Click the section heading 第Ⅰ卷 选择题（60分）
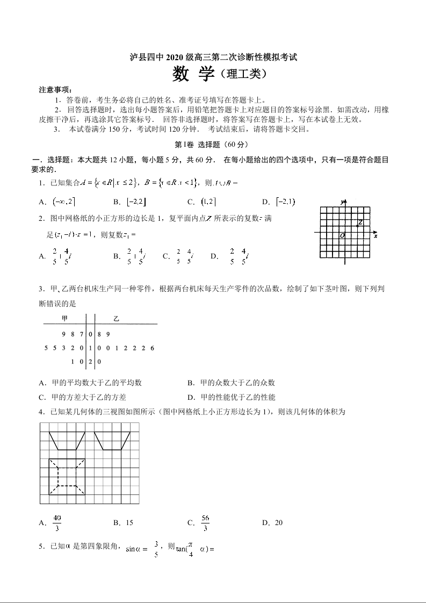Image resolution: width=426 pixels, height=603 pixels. coord(213,145)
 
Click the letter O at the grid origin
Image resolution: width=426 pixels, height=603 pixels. coord(342,235)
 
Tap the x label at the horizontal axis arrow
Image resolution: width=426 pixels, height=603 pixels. coord(375,236)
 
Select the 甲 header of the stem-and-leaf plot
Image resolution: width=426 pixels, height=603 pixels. coord(64,319)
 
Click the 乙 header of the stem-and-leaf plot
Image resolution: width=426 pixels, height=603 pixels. coord(116,319)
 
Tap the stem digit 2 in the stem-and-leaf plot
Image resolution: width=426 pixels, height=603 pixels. coord(91,362)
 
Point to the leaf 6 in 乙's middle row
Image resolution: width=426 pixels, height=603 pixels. coord(153,348)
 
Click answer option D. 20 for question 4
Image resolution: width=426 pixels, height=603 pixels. coord(272,522)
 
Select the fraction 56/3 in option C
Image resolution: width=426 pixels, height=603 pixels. coord(205,522)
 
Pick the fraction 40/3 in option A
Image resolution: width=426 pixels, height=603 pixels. coord(57,522)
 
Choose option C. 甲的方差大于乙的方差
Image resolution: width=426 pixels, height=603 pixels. coord(83,397)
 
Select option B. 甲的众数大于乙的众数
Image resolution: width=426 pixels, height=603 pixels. coord(231,383)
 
